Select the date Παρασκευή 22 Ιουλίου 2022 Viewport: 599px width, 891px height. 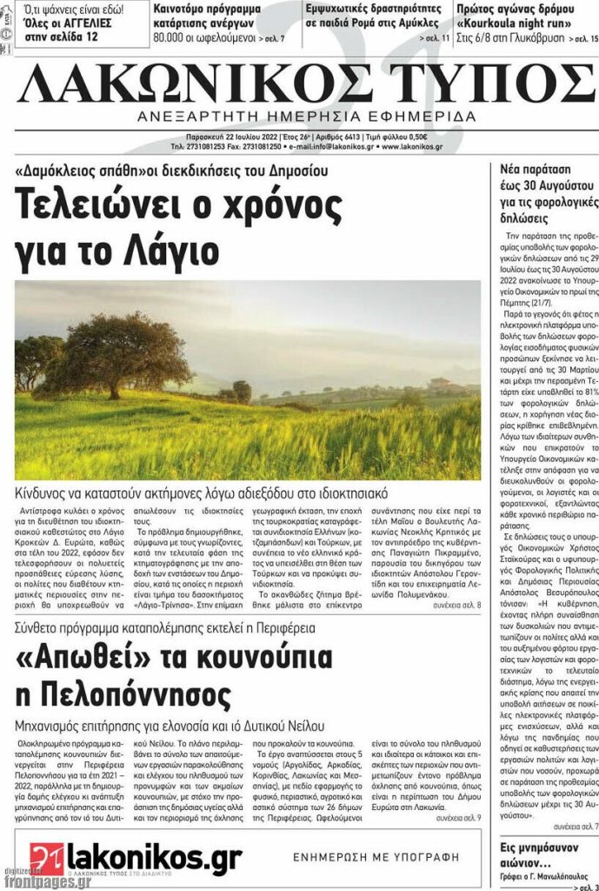[231, 137]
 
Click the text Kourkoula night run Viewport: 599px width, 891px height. [517, 24]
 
